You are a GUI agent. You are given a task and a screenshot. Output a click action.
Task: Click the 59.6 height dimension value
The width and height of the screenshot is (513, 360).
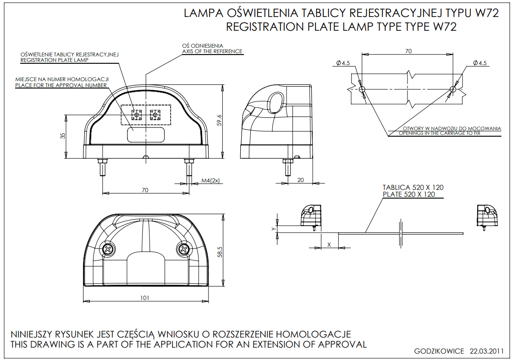click(x=219, y=120)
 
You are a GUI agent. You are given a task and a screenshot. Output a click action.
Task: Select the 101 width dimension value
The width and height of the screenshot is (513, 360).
click(x=144, y=298)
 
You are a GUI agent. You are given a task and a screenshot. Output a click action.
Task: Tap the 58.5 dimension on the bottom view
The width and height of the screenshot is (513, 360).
click(x=220, y=252)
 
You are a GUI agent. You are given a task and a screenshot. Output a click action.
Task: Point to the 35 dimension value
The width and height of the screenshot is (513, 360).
click(x=63, y=135)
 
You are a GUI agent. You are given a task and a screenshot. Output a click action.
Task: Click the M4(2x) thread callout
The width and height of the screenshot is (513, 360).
click(x=210, y=180)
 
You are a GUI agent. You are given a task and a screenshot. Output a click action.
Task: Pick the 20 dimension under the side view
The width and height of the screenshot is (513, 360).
click(x=300, y=180)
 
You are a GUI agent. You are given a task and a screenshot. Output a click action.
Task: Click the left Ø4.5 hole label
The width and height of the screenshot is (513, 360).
click(x=343, y=63)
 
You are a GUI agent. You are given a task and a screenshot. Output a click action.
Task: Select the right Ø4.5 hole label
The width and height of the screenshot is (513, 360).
click(x=480, y=63)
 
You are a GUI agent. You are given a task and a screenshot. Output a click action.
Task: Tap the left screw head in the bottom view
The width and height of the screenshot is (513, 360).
click(x=108, y=250)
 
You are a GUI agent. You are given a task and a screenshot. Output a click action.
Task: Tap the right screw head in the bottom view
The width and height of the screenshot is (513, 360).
click(x=183, y=250)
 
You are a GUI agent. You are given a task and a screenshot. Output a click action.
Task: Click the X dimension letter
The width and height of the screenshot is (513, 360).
click(x=329, y=244)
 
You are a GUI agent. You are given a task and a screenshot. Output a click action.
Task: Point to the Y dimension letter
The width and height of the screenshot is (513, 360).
click(x=274, y=229)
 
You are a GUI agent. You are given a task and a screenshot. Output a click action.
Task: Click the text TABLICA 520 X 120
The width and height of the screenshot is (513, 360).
click(x=413, y=188)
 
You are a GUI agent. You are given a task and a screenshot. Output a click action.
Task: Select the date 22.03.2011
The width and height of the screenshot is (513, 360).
click(x=486, y=351)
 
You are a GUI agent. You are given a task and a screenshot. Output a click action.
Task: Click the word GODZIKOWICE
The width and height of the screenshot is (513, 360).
click(x=439, y=351)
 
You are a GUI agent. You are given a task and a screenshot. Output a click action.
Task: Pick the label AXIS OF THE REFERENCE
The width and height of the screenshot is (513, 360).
click(x=212, y=51)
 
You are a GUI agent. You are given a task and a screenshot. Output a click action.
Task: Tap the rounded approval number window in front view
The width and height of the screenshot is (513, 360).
click(x=146, y=135)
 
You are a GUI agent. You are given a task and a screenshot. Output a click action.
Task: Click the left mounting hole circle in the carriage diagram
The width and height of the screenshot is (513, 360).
click(x=362, y=89)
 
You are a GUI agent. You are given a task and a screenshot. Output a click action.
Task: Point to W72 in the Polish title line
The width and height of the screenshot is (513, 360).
click(x=487, y=13)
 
